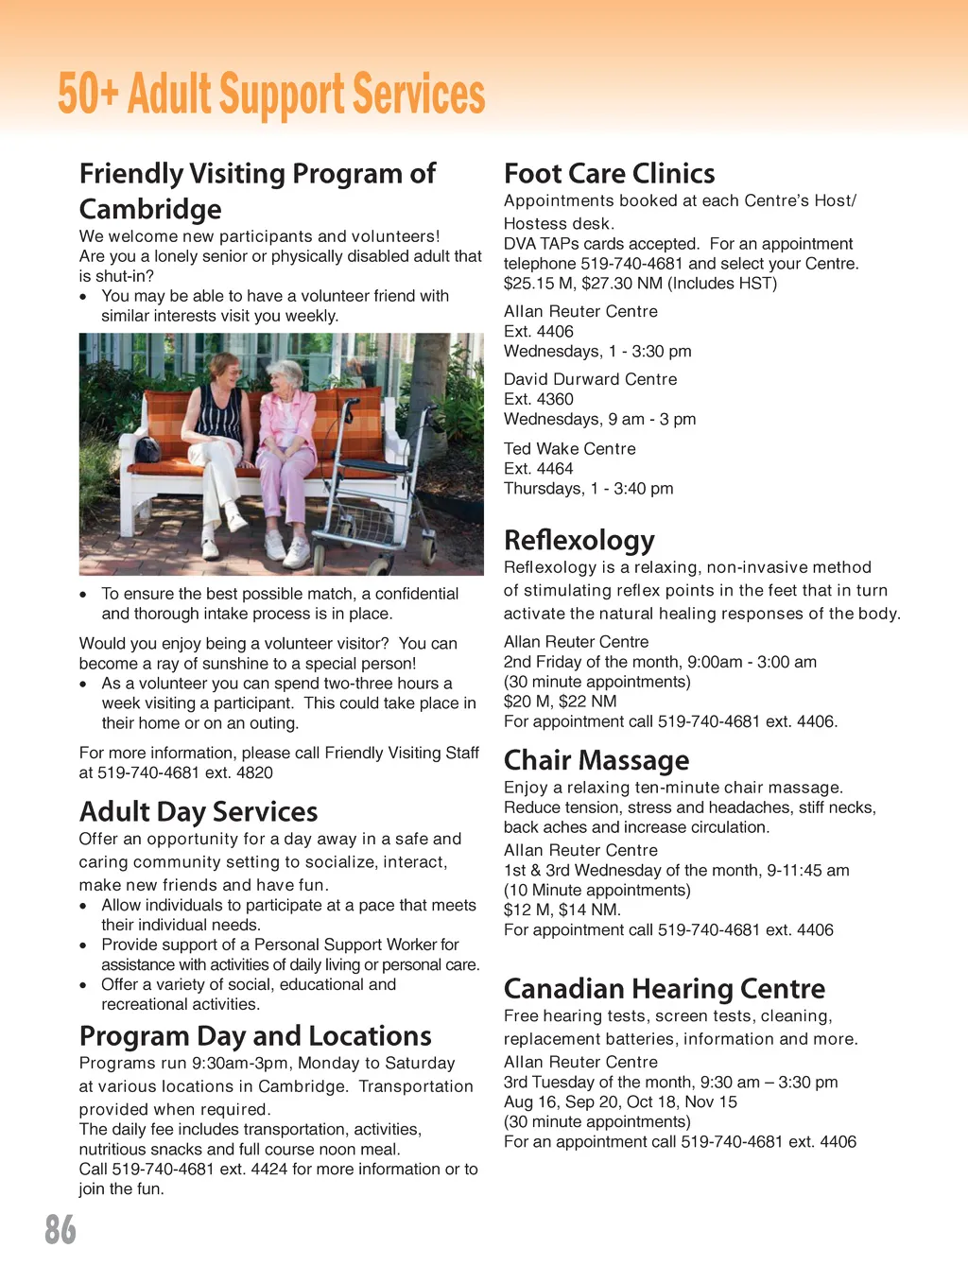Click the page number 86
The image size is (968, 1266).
click(x=60, y=1230)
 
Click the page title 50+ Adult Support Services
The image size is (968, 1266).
click(x=271, y=95)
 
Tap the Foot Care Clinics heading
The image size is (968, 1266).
click(x=609, y=174)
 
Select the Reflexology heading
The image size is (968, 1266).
click(x=579, y=540)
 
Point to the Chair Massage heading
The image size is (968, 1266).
click(x=596, y=760)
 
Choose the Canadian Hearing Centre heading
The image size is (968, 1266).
click(x=664, y=989)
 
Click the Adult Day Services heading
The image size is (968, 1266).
click(x=199, y=812)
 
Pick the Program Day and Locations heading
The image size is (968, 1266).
click(x=255, y=1036)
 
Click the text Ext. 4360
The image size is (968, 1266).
click(x=539, y=399)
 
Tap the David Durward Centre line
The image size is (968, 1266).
click(x=590, y=379)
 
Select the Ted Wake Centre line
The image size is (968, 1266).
click(x=569, y=449)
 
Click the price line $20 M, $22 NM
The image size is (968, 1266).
click(x=560, y=702)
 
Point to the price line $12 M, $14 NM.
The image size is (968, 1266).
click(x=562, y=910)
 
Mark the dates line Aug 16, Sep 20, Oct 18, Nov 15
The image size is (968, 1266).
click(x=620, y=1102)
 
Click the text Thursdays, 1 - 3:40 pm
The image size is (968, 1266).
click(x=588, y=489)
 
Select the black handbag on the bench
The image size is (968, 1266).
click(x=147, y=449)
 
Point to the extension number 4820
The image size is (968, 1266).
click(x=254, y=772)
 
